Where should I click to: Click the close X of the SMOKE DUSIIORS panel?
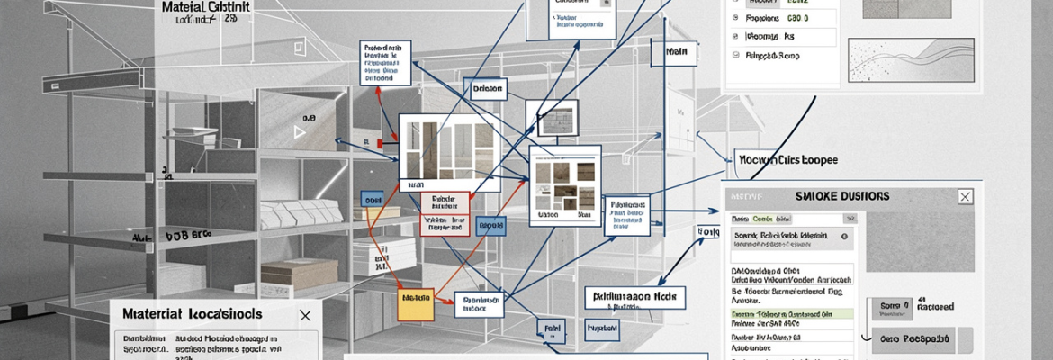[x=965, y=196]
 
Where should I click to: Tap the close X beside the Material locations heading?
[x=305, y=315]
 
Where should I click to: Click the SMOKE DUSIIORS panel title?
[x=843, y=195]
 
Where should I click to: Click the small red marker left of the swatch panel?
[x=382, y=144]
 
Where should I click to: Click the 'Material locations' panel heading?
[x=192, y=315]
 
